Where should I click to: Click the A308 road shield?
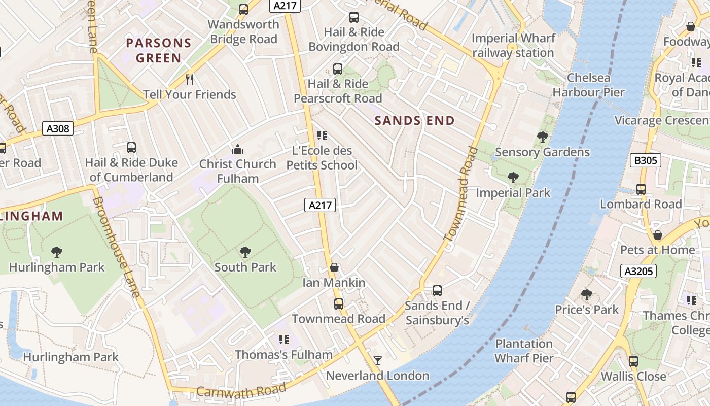point(58,128)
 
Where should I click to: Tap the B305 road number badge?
point(646,161)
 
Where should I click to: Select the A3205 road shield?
point(638,271)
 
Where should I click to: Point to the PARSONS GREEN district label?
point(159,50)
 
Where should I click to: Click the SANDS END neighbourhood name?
point(414,120)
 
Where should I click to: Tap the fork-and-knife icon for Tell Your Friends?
point(190,80)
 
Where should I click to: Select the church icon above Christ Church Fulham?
point(237,149)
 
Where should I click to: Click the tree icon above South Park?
point(245,252)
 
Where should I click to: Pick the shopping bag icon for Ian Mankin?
point(334,267)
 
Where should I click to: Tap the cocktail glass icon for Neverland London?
point(378,361)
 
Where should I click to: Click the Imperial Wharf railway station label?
point(513,46)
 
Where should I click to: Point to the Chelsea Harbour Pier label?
point(588,85)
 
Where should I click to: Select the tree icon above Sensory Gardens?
point(542,137)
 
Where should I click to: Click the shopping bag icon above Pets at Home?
point(658,235)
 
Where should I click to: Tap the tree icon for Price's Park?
point(587,295)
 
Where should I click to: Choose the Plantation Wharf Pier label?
point(524,351)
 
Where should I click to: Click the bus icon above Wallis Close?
point(633,361)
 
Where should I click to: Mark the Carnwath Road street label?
point(241,391)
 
